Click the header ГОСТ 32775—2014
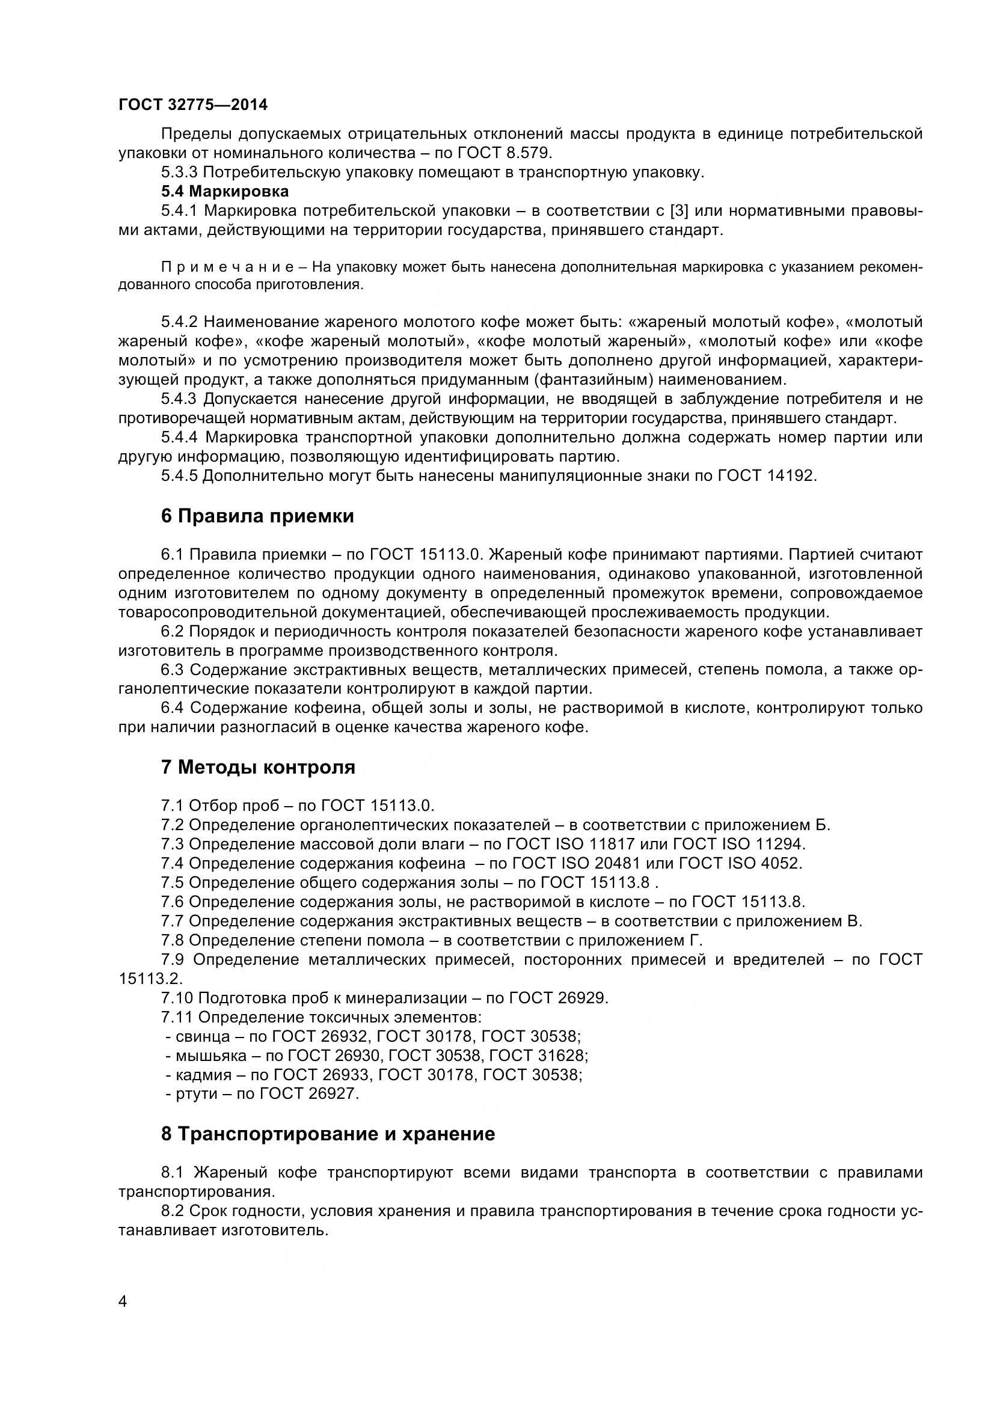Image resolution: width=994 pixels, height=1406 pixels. tap(193, 105)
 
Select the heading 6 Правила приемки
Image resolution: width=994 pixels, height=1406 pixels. tap(257, 516)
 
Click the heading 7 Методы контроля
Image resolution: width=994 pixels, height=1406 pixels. tap(258, 767)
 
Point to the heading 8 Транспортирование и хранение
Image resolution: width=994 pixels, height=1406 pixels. tap(328, 1134)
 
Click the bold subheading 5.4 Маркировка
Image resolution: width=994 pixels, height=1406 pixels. tap(225, 192)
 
